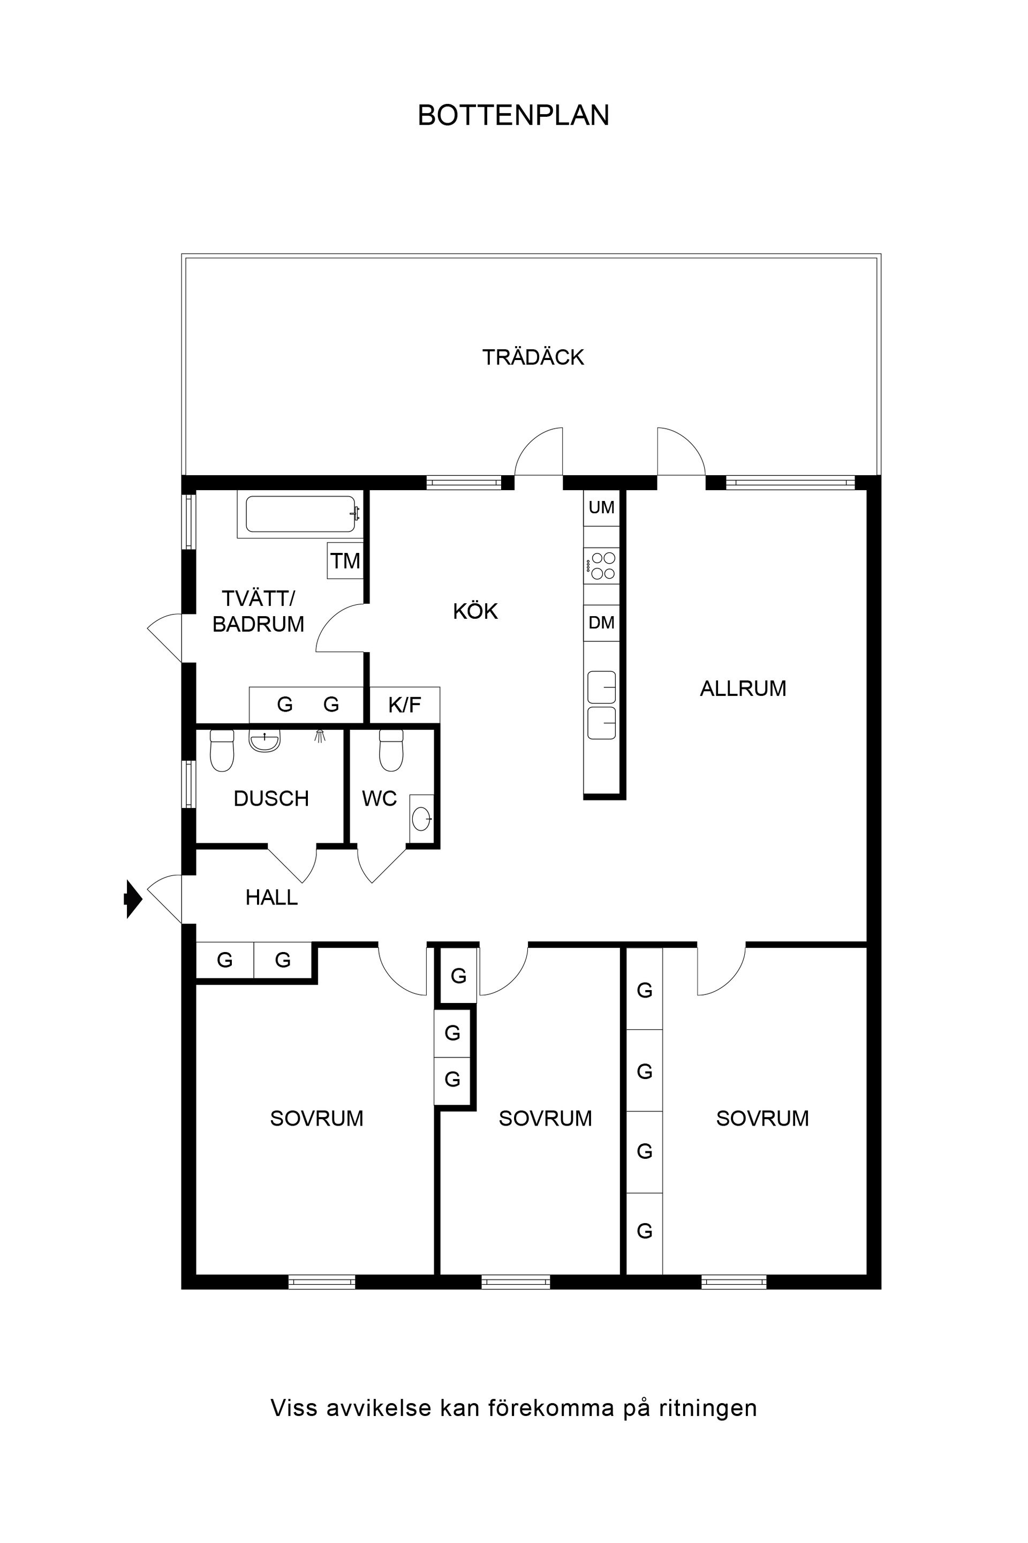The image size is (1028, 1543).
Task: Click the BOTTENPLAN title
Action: click(x=513, y=116)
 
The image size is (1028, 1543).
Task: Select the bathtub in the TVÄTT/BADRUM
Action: click(x=301, y=514)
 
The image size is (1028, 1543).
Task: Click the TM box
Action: click(x=345, y=561)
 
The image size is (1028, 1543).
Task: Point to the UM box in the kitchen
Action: click(x=601, y=507)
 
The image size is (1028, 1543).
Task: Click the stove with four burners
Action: click(x=602, y=566)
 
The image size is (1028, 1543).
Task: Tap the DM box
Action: click(x=601, y=622)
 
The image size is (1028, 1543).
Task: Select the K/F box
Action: click(x=405, y=705)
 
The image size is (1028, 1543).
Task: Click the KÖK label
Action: click(x=475, y=611)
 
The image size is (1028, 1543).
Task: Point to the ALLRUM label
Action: click(x=743, y=688)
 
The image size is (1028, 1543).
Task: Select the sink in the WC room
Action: click(x=421, y=819)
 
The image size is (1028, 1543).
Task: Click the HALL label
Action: click(x=271, y=897)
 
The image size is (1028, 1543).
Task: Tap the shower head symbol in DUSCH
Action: click(x=320, y=736)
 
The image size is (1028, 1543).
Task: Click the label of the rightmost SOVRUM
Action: click(x=762, y=1118)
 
